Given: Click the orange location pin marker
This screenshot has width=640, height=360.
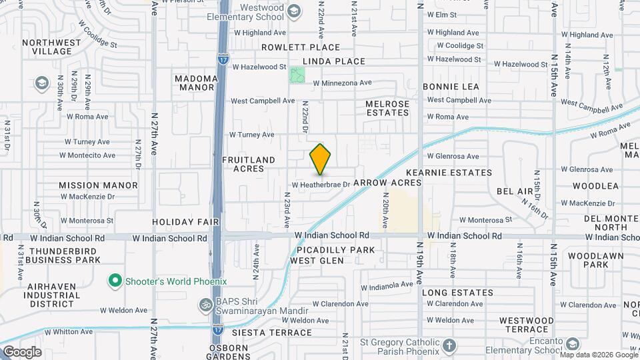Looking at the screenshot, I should coord(321,159).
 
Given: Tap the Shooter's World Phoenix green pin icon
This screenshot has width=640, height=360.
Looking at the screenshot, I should coord(115,281).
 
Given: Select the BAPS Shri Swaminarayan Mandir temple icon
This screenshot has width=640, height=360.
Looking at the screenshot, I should coord(205,305).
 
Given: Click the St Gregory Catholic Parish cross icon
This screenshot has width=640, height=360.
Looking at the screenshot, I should coord(450,346).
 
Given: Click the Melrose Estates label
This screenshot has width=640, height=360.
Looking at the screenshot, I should coord(387,108).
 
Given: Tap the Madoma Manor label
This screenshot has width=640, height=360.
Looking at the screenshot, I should coord(197,83).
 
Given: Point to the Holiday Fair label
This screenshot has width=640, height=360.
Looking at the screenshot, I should coord(177,221).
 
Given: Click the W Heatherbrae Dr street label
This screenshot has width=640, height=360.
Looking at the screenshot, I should coord(321,184).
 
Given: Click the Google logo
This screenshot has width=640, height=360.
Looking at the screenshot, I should coord(21,351).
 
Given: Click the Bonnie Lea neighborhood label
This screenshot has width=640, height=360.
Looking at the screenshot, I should coord(451,87).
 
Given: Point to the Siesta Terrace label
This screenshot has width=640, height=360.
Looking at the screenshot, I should coord(262,331).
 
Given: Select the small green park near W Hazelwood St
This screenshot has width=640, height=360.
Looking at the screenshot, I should coord(297,75).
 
